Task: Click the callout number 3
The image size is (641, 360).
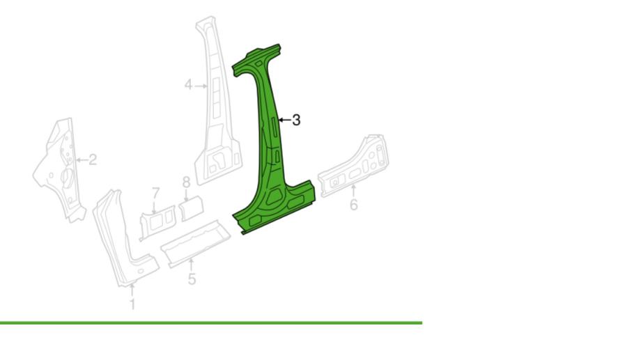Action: pyautogui.click(x=297, y=120)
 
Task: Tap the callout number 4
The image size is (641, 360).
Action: pyautogui.click(x=188, y=86)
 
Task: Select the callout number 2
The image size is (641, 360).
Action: pyautogui.click(x=93, y=159)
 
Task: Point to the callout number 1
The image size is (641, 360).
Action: pyautogui.click(x=132, y=304)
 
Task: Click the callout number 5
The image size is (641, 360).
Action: pyautogui.click(x=192, y=279)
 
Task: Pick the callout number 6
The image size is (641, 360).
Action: pyautogui.click(x=354, y=204)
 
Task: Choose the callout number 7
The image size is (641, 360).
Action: pyautogui.click(x=155, y=193)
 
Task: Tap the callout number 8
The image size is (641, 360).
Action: pyautogui.click(x=187, y=182)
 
